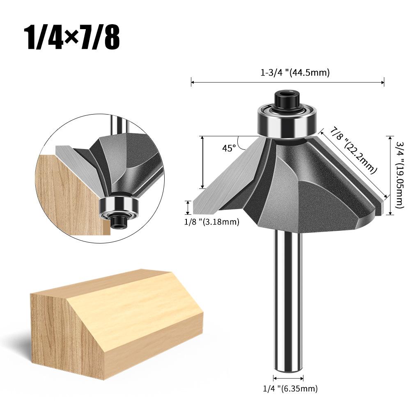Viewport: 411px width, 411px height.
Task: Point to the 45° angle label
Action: [x=229, y=148]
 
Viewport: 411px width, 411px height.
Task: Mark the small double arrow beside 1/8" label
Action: [x=188, y=208]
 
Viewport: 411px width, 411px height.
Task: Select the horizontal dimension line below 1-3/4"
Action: [x=287, y=83]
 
